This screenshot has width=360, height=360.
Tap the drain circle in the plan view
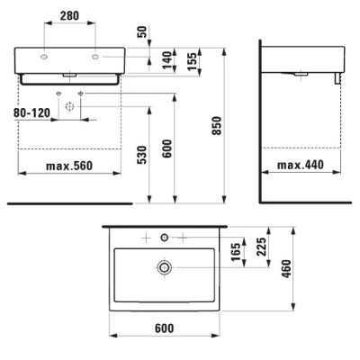click(164, 267)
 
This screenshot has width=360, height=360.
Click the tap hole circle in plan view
click(164, 237)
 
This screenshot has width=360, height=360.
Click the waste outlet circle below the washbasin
click(69, 105)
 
